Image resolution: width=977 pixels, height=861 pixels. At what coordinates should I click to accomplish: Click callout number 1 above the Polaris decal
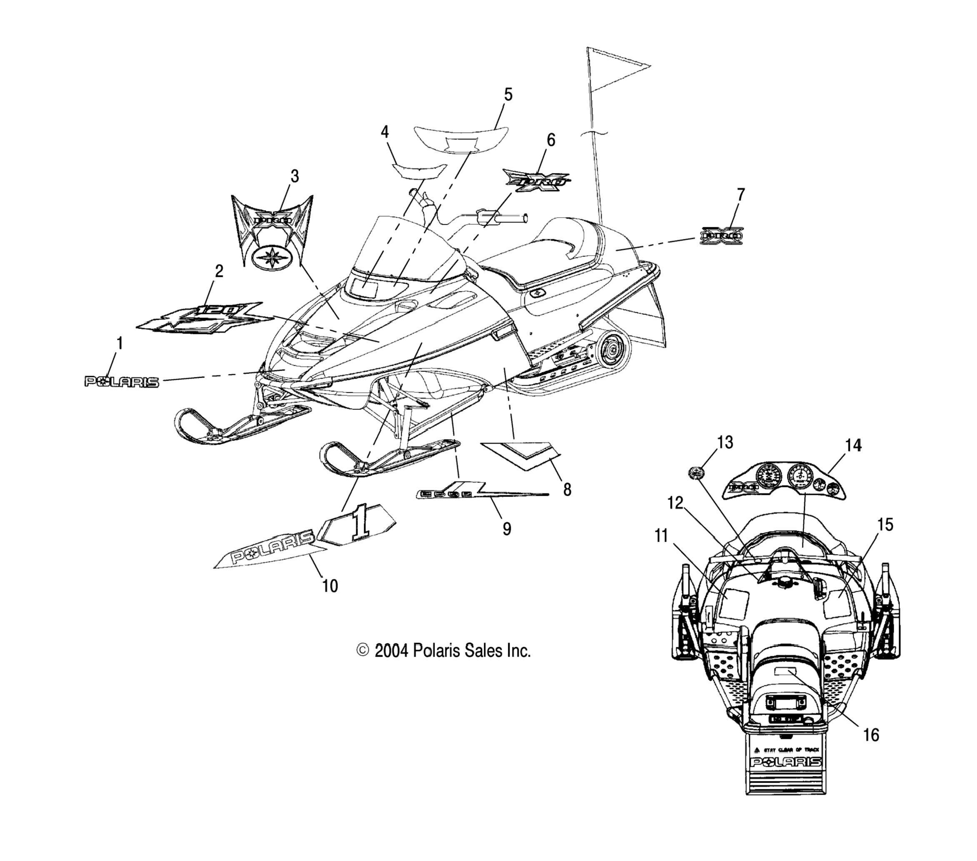coord(120,344)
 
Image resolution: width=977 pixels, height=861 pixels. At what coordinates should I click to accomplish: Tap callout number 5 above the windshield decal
coord(508,95)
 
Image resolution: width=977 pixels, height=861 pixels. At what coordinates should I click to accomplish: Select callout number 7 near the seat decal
coord(740,195)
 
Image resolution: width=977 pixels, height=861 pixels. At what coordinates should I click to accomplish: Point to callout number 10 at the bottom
coord(330,586)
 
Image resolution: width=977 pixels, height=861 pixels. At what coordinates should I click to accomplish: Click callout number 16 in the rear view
coord(871,735)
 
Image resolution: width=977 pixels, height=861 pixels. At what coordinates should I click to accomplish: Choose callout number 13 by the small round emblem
coord(725,442)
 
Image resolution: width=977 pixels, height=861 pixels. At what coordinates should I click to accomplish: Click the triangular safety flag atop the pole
coord(617,69)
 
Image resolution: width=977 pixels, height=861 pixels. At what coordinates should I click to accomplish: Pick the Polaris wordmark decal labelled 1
coord(122,382)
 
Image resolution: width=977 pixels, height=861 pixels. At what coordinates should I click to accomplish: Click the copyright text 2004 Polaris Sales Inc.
coord(444,650)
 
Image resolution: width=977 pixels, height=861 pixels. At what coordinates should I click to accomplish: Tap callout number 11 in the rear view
coord(661,536)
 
